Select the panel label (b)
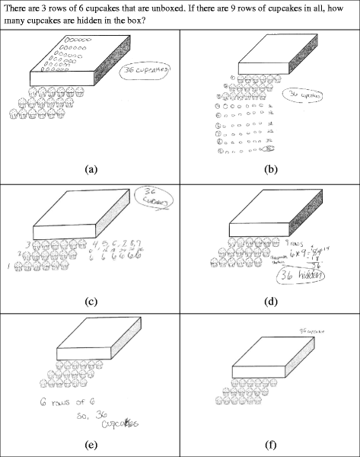point(269,165)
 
